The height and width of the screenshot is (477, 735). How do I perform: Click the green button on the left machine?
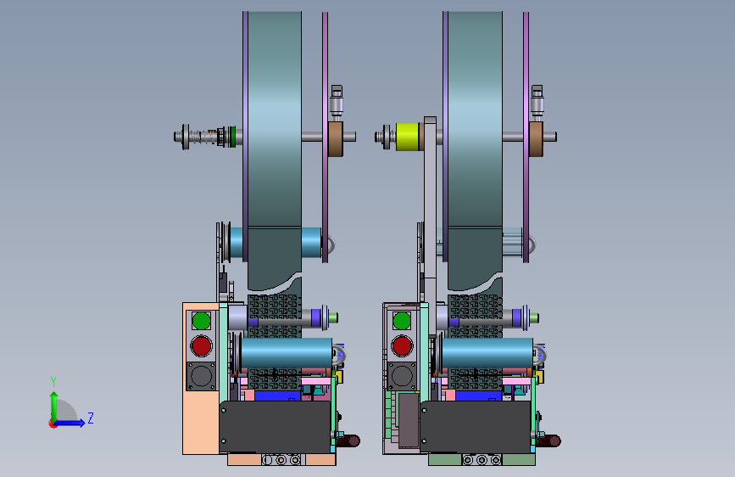(202, 321)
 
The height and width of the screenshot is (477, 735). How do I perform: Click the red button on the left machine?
(202, 346)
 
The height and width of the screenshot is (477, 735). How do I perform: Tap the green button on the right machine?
(402, 321)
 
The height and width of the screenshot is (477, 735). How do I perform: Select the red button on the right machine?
(402, 346)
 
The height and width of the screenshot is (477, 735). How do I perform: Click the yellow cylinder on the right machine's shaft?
(407, 137)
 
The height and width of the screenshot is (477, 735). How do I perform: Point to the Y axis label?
(53, 382)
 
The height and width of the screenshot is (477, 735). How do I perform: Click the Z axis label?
(91, 418)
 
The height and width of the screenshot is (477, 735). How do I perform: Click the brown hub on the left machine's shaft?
(336, 138)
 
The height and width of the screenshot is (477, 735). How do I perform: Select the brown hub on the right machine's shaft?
(537, 138)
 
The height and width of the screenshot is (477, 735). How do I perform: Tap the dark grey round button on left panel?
(202, 376)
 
